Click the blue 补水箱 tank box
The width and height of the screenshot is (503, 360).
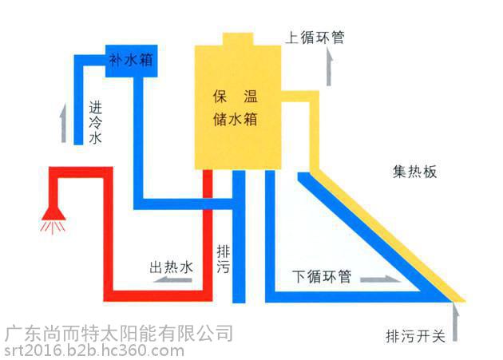tap(132, 61)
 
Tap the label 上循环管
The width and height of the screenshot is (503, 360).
tap(315, 38)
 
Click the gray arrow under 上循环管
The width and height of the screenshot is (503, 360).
tap(329, 67)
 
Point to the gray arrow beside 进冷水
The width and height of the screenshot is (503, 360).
tap(64, 123)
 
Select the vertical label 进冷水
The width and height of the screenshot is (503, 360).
tap(96, 123)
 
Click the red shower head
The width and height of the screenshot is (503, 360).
tap(53, 213)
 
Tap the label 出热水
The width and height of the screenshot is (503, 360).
tap(172, 267)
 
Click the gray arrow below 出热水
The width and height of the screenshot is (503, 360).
tap(172, 280)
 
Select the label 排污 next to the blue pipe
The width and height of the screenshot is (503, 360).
tap(224, 259)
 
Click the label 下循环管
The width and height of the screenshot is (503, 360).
tap(322, 276)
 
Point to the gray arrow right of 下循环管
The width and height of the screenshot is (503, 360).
tap(380, 280)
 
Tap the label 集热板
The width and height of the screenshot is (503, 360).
tap(415, 172)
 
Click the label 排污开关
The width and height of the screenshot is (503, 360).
tap(416, 337)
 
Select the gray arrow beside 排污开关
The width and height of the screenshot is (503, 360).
tap(455, 322)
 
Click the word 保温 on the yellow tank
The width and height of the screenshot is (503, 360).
tap(236, 97)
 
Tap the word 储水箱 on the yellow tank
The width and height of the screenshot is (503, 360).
tap(236, 120)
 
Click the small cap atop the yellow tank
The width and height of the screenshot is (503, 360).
tap(238, 39)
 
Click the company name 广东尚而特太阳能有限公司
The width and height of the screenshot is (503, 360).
tap(119, 334)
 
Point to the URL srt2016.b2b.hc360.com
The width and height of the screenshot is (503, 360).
tap(94, 350)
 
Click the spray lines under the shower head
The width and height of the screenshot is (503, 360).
tap(53, 227)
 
